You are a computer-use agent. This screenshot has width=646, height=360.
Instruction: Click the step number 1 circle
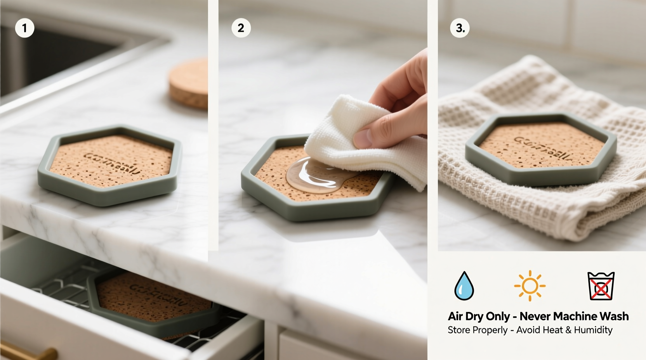coord(24,28)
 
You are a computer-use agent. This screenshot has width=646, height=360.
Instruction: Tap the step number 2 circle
coord(241,28)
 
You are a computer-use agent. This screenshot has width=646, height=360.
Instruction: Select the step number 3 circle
coord(460,28)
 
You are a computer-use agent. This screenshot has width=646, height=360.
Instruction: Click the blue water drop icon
coord(464,286)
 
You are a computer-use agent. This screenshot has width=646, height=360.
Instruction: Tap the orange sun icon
coord(530,286)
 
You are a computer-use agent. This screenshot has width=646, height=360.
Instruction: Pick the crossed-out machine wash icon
coord(601,286)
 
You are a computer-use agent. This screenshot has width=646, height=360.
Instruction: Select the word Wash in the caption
coord(614,316)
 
